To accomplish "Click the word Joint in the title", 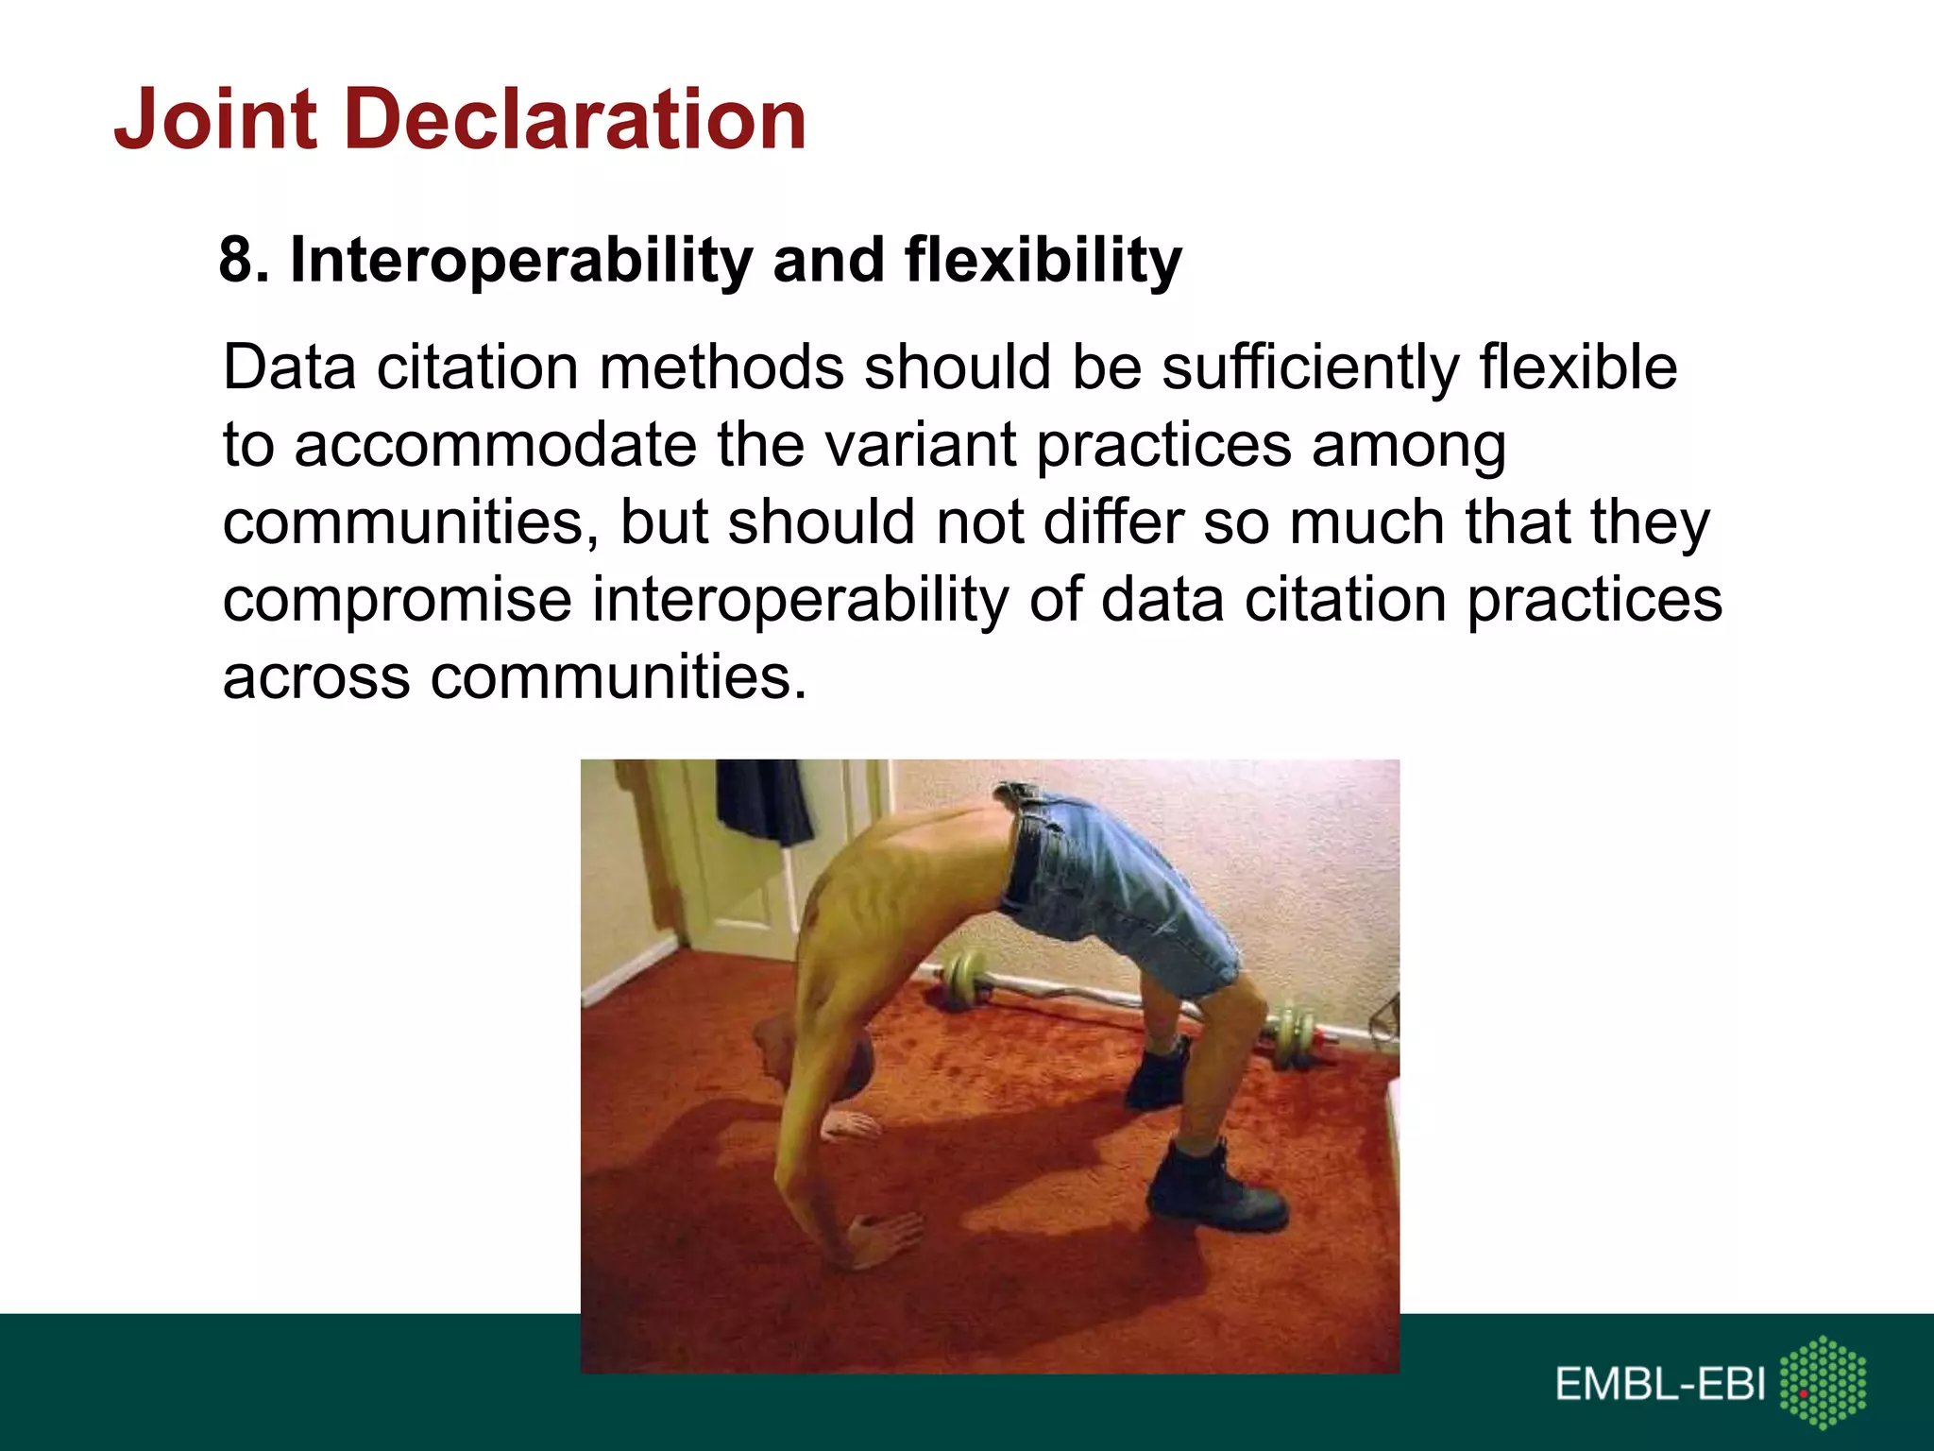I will point(215,120).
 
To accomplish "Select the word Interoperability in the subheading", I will point(520,262).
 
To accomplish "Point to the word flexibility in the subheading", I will point(1043,260).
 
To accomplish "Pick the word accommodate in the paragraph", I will point(495,445).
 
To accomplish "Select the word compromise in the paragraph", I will point(397,601).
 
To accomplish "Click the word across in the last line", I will point(316,677).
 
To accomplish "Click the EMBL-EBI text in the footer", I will point(1659,1385).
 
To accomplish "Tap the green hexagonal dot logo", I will point(1823,1381).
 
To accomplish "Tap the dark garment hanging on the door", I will point(763,803).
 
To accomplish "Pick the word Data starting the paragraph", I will point(289,367).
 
